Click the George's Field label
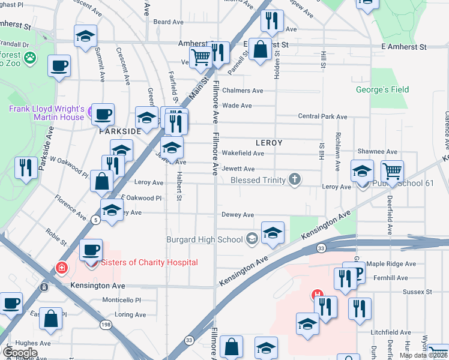[x=391, y=90]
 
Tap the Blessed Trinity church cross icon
[x=294, y=179]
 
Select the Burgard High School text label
[x=205, y=240]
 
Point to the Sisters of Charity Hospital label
[x=149, y=262]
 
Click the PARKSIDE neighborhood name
[x=120, y=131]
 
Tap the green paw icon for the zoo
[x=29, y=59]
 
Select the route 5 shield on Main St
[x=95, y=220]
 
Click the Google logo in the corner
[x=20, y=352]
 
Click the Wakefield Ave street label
[x=243, y=154]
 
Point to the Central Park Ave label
[x=323, y=116]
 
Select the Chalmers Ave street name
[x=243, y=91]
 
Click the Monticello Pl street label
[x=121, y=300]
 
